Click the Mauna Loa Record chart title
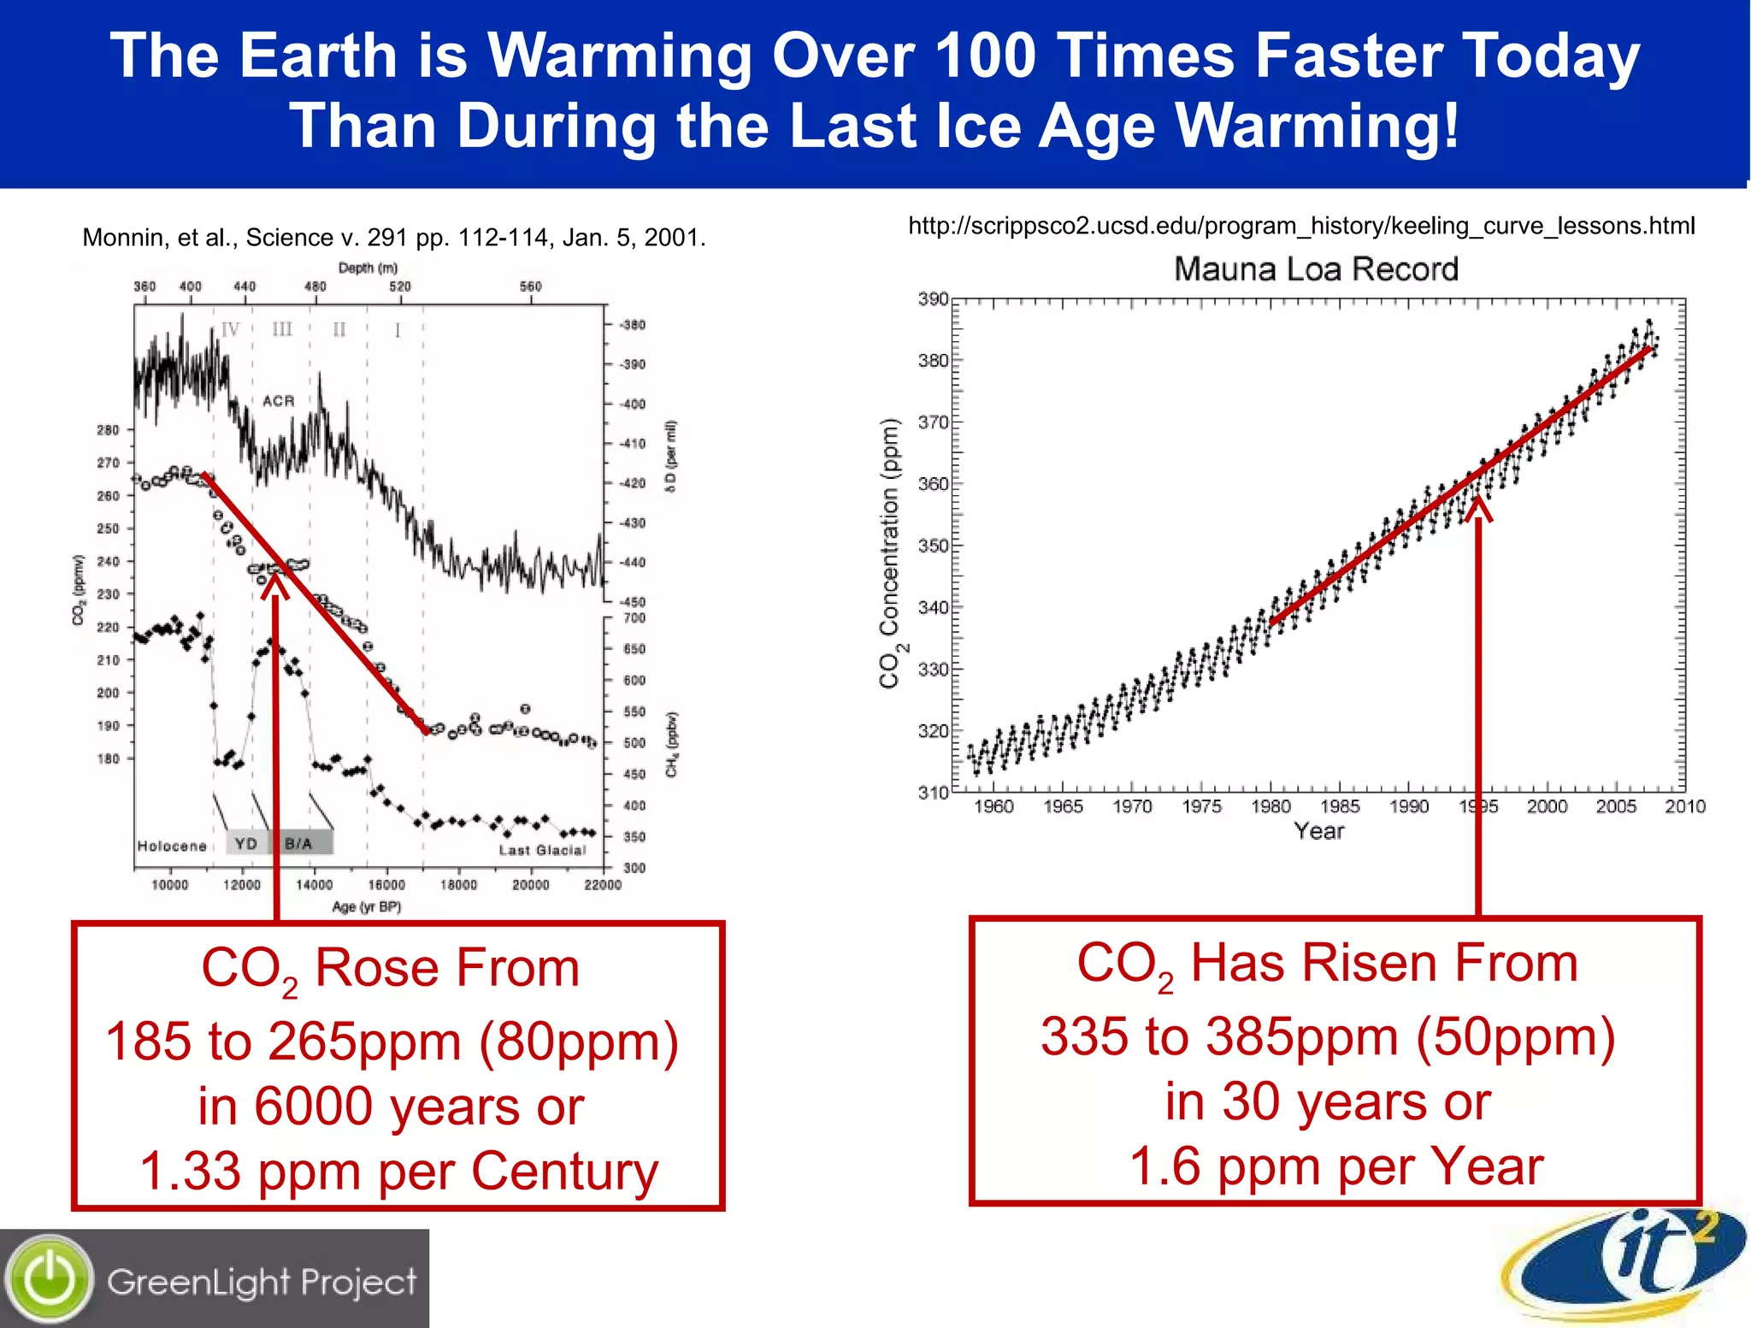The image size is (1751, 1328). [1316, 269]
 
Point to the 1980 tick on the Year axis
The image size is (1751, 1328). [1271, 806]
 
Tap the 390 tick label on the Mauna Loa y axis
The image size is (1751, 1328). [933, 299]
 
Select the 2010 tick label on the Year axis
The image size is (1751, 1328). [1684, 806]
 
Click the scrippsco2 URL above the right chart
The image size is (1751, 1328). [1300, 226]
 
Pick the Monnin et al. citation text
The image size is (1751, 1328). [394, 237]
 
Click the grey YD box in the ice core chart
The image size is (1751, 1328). [246, 843]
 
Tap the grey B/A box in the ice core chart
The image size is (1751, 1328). [299, 843]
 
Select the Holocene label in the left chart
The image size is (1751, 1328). [172, 846]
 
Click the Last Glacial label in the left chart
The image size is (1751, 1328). [542, 850]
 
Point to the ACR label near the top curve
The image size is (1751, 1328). [279, 400]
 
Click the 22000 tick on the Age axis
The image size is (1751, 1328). [603, 884]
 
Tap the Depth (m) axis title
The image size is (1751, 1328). [368, 268]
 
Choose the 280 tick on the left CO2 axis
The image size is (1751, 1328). [109, 430]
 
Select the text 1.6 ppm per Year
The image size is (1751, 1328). [1336, 1166]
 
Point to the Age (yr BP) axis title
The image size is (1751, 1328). [366, 906]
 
